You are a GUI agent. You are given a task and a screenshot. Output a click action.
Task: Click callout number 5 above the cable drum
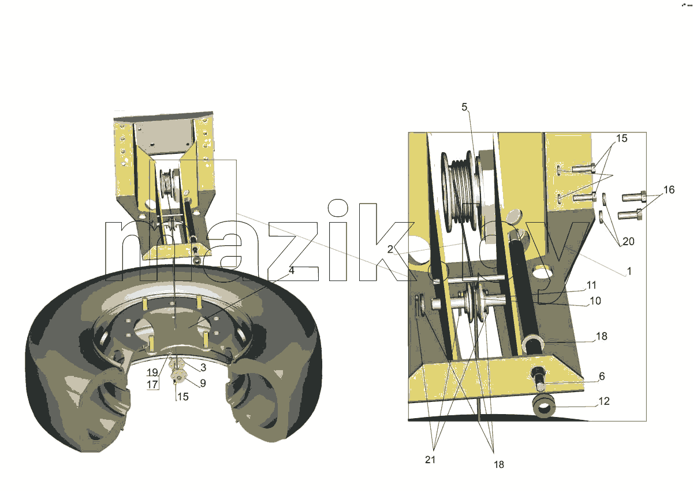[x=464, y=107]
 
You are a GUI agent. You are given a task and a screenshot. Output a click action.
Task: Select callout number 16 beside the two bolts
[x=669, y=190]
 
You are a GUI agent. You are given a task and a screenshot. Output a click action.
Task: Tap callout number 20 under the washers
[x=628, y=241]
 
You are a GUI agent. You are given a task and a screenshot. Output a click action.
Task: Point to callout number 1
[x=629, y=271]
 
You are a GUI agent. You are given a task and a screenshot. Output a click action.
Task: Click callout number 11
[x=591, y=285]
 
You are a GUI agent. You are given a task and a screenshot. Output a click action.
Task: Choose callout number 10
[x=595, y=301]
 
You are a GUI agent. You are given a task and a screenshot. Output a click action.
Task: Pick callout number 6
[x=602, y=376]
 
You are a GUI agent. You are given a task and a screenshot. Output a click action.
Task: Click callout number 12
[x=604, y=401]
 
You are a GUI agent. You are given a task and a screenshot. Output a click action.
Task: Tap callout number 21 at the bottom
[x=430, y=460]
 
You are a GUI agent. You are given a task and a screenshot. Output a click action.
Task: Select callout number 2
[x=390, y=249]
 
